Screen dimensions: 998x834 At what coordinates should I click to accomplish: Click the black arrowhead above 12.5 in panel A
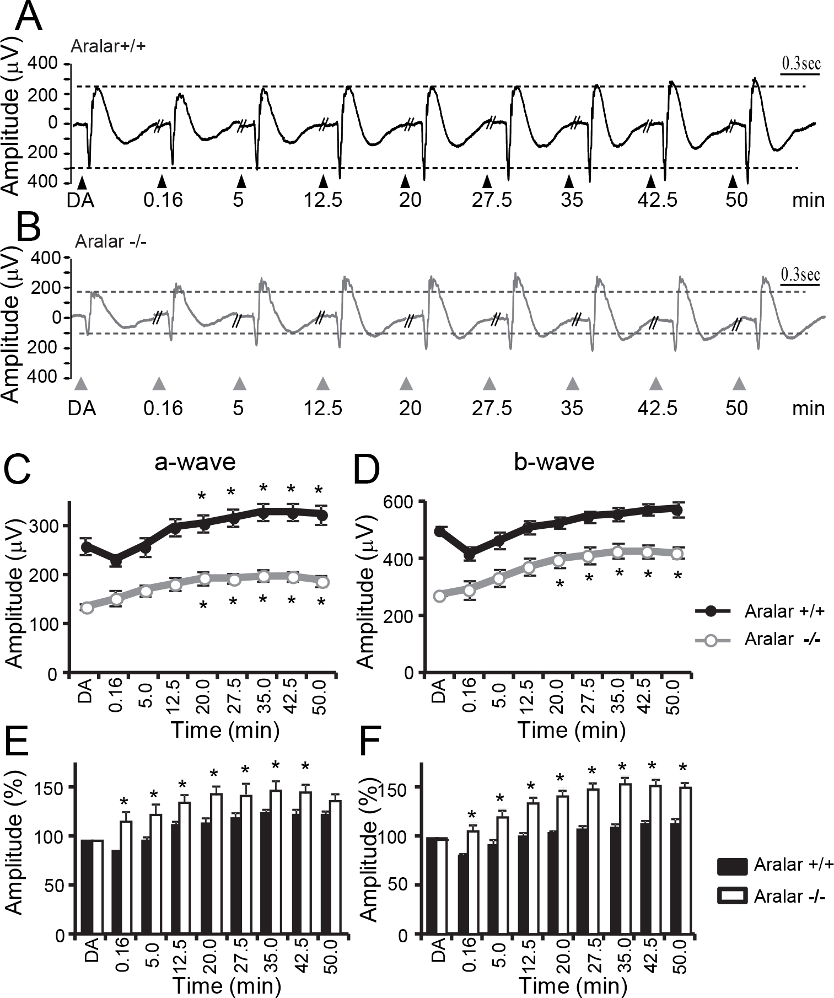(324, 181)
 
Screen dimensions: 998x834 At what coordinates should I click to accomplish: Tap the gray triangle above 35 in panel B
(573, 383)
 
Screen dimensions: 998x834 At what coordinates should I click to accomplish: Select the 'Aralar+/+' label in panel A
(108, 46)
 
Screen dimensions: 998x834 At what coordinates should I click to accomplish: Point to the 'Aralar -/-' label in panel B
(111, 242)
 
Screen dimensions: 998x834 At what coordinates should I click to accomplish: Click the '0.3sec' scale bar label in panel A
(800, 63)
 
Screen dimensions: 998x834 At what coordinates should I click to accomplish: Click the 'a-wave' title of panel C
(195, 462)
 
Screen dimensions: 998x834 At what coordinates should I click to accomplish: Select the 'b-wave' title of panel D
(554, 462)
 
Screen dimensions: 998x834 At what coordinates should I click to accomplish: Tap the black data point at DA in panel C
(87, 547)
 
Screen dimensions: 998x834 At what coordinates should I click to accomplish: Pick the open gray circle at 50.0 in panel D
(677, 554)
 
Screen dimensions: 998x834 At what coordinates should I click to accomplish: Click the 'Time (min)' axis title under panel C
(225, 730)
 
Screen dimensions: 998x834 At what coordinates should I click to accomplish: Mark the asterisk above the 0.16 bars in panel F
(472, 815)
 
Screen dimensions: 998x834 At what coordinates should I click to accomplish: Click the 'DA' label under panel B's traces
(82, 409)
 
